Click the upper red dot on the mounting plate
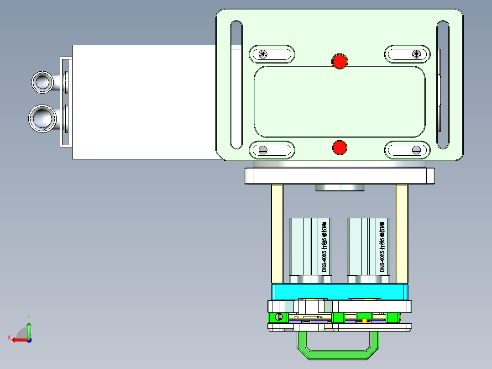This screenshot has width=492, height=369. pos(339,61)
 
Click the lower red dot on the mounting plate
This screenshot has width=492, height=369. pos(339,148)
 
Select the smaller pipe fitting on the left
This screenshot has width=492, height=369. pos(43,82)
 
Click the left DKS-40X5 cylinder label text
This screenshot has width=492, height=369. pos(324,247)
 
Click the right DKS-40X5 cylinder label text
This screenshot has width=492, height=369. pos(382,247)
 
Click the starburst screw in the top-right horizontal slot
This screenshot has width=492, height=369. pos(415,54)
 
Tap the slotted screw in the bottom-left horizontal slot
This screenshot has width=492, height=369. pos(263,149)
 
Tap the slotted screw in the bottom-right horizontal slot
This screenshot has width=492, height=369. pos(415,149)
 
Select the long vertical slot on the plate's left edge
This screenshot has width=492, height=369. pos(236,84)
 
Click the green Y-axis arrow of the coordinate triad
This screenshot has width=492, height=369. pos(29,328)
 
